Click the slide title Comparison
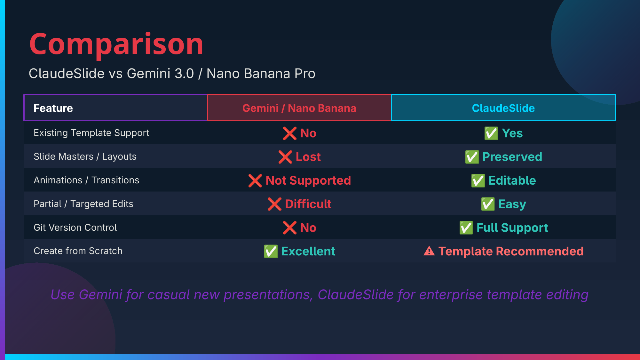click(116, 44)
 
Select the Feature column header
click(53, 108)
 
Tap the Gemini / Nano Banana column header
click(299, 108)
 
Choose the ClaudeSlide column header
click(503, 108)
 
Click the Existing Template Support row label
click(91, 133)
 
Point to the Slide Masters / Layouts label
click(85, 156)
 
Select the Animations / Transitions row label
click(86, 180)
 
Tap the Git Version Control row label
click(75, 228)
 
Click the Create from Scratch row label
click(78, 251)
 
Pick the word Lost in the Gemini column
click(308, 157)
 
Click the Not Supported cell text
click(308, 180)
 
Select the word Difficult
click(308, 204)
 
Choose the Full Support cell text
click(512, 228)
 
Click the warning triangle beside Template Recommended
click(429, 251)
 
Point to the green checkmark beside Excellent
click(271, 251)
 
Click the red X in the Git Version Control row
click(290, 228)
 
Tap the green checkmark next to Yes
click(491, 133)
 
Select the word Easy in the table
click(512, 204)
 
